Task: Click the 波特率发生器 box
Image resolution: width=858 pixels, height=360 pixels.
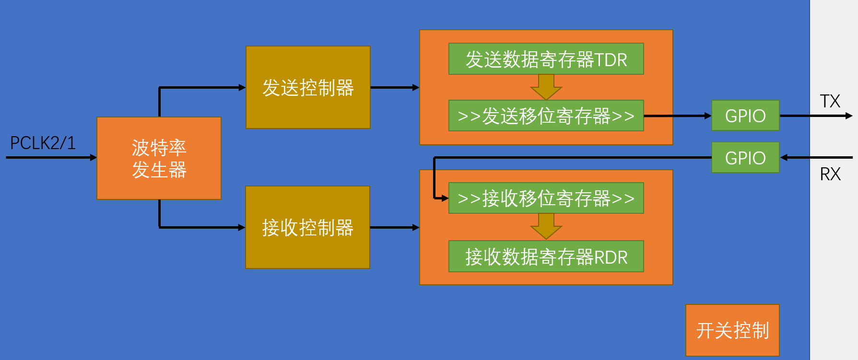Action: (159, 158)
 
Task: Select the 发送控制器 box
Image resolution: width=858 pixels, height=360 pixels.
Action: (308, 87)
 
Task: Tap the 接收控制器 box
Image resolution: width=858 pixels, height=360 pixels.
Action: (307, 227)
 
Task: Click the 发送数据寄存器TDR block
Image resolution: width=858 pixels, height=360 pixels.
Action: (546, 59)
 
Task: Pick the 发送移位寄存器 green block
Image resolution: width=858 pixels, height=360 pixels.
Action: (546, 116)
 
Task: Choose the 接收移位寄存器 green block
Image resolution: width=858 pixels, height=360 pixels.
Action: (546, 198)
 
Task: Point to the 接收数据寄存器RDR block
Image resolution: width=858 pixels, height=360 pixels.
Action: (546, 256)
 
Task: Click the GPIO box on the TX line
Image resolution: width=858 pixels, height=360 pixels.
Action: (745, 116)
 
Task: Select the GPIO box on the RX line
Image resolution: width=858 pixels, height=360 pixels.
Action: (745, 157)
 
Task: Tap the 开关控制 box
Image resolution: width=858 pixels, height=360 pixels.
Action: (732, 330)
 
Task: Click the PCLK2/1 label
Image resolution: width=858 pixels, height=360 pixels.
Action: (43, 143)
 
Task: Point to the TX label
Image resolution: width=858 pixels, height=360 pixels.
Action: (830, 101)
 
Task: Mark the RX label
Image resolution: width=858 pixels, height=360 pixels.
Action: (830, 174)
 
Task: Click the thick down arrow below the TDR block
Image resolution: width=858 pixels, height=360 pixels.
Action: (546, 87)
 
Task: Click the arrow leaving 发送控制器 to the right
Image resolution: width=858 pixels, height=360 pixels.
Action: (395, 87)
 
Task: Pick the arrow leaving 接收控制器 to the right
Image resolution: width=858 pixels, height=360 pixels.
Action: (395, 227)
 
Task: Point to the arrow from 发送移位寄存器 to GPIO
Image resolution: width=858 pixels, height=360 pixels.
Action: (677, 116)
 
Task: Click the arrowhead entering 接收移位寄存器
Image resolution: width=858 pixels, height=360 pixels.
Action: (444, 198)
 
